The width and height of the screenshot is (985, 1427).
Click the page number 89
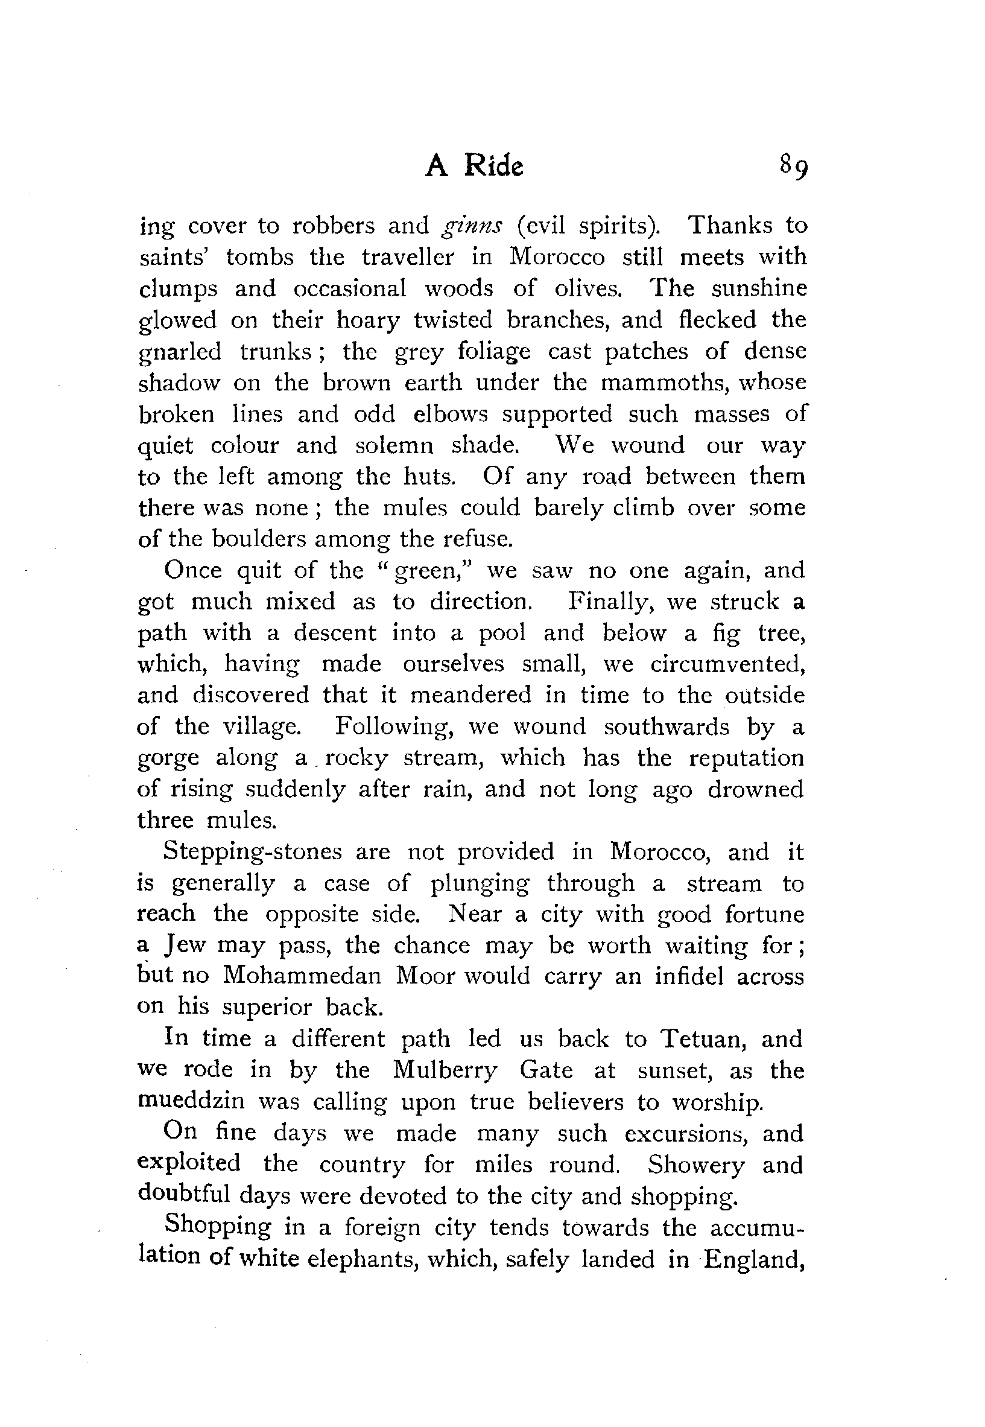click(793, 166)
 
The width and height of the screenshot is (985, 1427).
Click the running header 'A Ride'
click(474, 166)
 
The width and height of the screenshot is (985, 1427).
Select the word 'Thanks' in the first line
click(730, 225)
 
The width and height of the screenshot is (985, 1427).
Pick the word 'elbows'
click(450, 413)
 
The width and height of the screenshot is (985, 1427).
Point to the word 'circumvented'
click(727, 664)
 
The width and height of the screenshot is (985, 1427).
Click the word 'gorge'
click(168, 758)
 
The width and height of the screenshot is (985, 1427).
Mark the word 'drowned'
click(755, 789)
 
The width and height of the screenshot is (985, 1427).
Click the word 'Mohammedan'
click(302, 976)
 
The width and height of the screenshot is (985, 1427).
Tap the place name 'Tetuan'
click(704, 1039)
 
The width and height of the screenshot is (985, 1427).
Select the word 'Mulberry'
click(445, 1070)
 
